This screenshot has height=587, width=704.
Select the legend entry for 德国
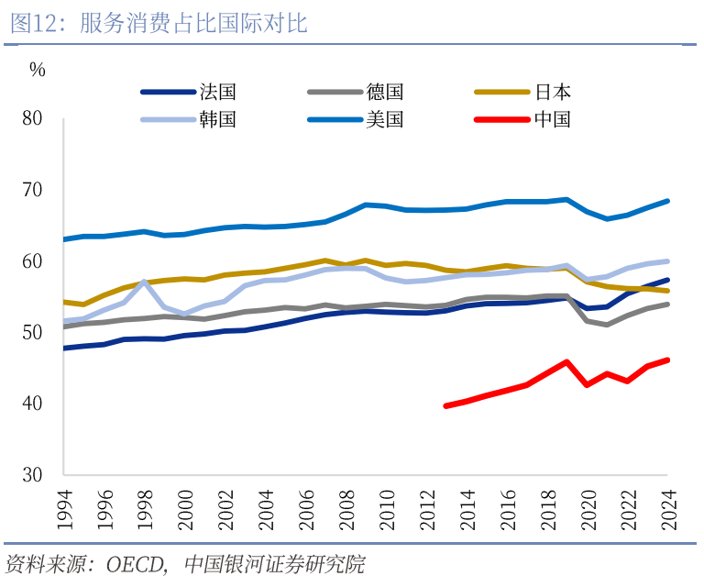click(x=385, y=92)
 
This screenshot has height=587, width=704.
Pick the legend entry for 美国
click(x=385, y=119)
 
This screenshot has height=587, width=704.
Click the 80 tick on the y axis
click(x=32, y=118)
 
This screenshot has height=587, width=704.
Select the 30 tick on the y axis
click(x=32, y=475)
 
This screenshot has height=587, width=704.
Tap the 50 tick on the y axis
click(x=32, y=332)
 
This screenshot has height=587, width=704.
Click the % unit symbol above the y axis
click(x=37, y=69)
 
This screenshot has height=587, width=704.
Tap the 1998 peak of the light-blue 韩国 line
click(x=144, y=282)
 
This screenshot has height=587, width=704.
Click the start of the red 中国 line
click(x=446, y=405)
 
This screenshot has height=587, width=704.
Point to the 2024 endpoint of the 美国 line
click(x=668, y=201)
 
